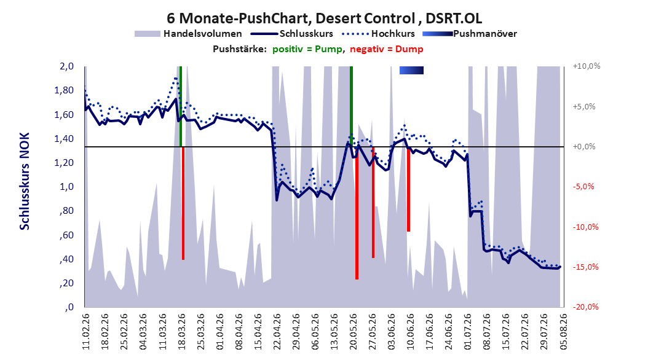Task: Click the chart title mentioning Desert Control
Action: [x=324, y=18]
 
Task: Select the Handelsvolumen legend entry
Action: [x=188, y=34]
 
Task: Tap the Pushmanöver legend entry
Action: [x=470, y=34]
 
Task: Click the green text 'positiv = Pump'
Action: [x=307, y=49]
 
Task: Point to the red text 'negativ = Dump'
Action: [x=387, y=49]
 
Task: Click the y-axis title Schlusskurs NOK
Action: [x=25, y=181]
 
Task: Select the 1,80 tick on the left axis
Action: [x=64, y=90]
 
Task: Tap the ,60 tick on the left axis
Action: [x=66, y=235]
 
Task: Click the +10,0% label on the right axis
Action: [x=587, y=66]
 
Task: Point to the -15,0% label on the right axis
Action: [x=585, y=267]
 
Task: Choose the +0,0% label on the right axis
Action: [x=584, y=147]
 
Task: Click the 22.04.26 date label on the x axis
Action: [x=277, y=331]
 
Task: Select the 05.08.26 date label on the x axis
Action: [x=563, y=331]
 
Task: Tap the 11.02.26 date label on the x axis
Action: [x=86, y=331]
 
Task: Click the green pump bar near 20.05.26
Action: [x=351, y=106]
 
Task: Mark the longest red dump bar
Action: [x=357, y=213]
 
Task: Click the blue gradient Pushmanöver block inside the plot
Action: [x=411, y=70]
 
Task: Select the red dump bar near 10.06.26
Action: [x=408, y=189]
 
